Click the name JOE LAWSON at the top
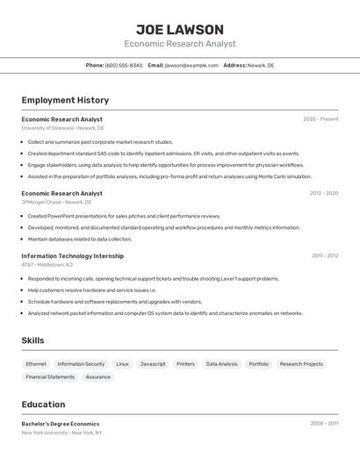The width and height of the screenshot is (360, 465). (180, 30)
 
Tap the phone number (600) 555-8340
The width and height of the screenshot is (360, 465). (124, 65)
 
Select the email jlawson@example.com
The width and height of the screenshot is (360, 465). (191, 65)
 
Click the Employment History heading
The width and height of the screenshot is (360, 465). (65, 100)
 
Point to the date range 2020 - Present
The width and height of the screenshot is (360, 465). (320, 119)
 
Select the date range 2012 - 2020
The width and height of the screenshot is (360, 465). (324, 193)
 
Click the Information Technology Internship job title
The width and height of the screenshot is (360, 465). (73, 256)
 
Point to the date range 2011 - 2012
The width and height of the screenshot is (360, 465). (325, 256)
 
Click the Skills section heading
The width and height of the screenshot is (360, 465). (32, 340)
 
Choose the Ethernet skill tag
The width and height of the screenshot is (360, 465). (36, 363)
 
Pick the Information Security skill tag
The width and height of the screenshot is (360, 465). (81, 363)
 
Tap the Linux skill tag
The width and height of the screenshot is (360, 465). (122, 363)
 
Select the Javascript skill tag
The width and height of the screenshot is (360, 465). (153, 363)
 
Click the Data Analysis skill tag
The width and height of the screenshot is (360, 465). (222, 363)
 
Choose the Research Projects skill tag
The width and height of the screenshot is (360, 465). (301, 363)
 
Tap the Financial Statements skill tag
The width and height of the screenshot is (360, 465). (50, 377)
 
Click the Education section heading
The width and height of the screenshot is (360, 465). (43, 404)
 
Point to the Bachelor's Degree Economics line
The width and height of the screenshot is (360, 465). (61, 424)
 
